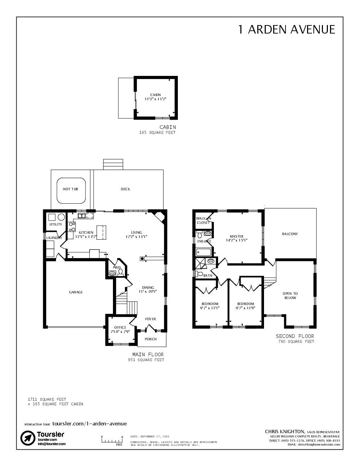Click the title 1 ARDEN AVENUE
tap(286, 29)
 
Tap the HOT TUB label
tap(70, 189)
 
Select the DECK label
tap(125, 189)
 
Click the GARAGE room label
tap(76, 292)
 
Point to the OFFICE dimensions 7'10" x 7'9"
tap(120, 332)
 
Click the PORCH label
tap(150, 339)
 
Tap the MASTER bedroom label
tap(236, 237)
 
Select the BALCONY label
tap(290, 234)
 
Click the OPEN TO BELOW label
tap(290, 296)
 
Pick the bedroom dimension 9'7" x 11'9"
tap(245, 308)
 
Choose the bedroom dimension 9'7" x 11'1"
tap(210, 308)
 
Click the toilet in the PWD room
tap(120, 272)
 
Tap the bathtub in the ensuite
tap(203, 252)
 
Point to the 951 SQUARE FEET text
tap(146, 360)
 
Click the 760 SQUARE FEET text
tap(296, 342)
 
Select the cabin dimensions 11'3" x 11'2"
tap(155, 99)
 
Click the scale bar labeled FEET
tap(112, 441)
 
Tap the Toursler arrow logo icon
tap(28, 438)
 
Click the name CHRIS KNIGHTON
tap(284, 431)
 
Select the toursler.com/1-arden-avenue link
tap(89, 424)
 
